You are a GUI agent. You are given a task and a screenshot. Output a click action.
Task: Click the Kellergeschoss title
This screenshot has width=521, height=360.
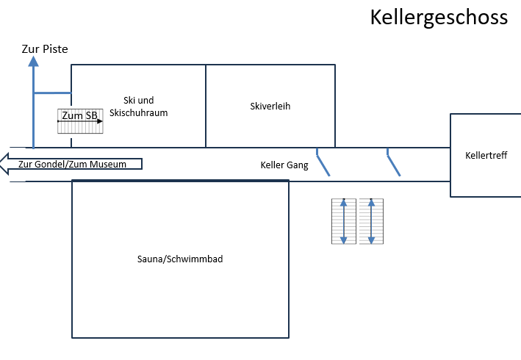point(439,17)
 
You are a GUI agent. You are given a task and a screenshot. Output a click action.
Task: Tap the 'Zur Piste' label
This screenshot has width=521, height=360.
point(44,49)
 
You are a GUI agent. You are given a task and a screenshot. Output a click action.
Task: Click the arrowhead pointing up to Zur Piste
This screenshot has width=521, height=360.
point(33,61)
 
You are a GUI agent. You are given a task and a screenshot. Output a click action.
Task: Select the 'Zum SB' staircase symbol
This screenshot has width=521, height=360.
point(80,121)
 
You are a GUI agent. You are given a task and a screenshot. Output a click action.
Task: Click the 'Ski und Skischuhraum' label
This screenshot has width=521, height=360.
point(144,107)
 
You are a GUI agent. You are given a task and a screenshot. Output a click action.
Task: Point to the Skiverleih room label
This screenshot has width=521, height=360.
point(270,106)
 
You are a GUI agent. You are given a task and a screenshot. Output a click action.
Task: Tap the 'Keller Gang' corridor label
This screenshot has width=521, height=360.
point(284,165)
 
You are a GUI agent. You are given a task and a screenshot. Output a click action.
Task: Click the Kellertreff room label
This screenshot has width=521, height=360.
point(486,156)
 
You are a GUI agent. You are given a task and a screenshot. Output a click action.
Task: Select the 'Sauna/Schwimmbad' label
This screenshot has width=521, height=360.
point(180,259)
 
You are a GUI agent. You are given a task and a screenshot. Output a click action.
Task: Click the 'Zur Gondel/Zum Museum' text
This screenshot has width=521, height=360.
point(72,164)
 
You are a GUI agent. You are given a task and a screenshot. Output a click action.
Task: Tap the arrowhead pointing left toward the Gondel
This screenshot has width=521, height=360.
point(4,163)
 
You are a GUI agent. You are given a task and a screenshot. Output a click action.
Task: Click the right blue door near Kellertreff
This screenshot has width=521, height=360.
point(393,162)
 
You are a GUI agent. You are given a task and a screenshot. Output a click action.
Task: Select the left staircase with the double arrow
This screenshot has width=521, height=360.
point(344,221)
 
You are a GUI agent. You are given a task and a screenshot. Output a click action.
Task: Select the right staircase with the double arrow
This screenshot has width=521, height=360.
point(371,221)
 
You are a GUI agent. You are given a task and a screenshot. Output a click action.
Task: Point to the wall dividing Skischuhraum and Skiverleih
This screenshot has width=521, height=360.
point(206,106)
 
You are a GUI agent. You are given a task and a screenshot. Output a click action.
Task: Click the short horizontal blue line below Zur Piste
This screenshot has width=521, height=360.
point(51,93)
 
